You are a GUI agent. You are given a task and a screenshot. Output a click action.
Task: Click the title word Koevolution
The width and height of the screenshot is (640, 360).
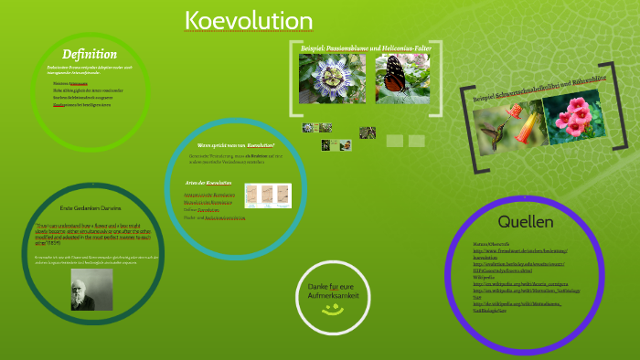248,21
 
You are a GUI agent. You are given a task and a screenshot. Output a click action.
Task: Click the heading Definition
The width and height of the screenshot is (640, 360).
89,54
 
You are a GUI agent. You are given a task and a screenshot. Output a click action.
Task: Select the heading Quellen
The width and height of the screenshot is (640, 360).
525,222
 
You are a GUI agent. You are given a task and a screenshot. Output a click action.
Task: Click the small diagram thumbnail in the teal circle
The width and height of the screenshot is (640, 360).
268,196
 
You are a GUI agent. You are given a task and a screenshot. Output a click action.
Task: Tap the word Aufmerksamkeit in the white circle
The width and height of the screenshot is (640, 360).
332,296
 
